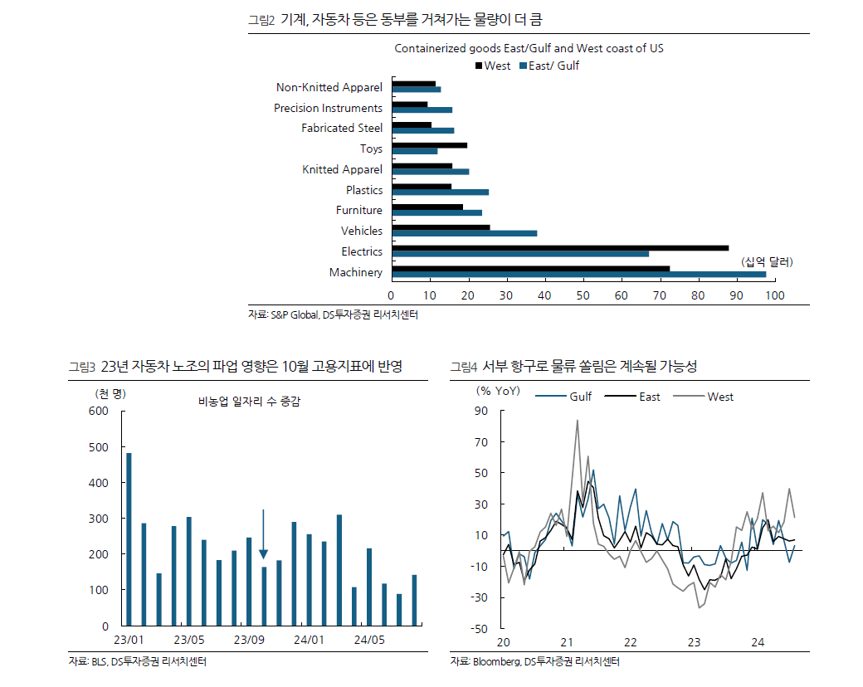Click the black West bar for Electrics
[560, 247]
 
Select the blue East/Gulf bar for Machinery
[578, 274]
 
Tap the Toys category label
[371, 149]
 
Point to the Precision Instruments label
[328, 108]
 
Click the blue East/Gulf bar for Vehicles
[464, 233]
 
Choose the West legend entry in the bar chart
[493, 66]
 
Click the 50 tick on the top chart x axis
[583, 295]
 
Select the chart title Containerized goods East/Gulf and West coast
[529, 48]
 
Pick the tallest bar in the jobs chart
[129, 538]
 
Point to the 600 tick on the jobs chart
[99, 412]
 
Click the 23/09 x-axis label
[249, 640]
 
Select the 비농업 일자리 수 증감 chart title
[249, 402]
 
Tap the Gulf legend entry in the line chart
[573, 397]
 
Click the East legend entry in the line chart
[641, 397]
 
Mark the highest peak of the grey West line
[577, 420]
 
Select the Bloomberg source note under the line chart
[535, 662]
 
